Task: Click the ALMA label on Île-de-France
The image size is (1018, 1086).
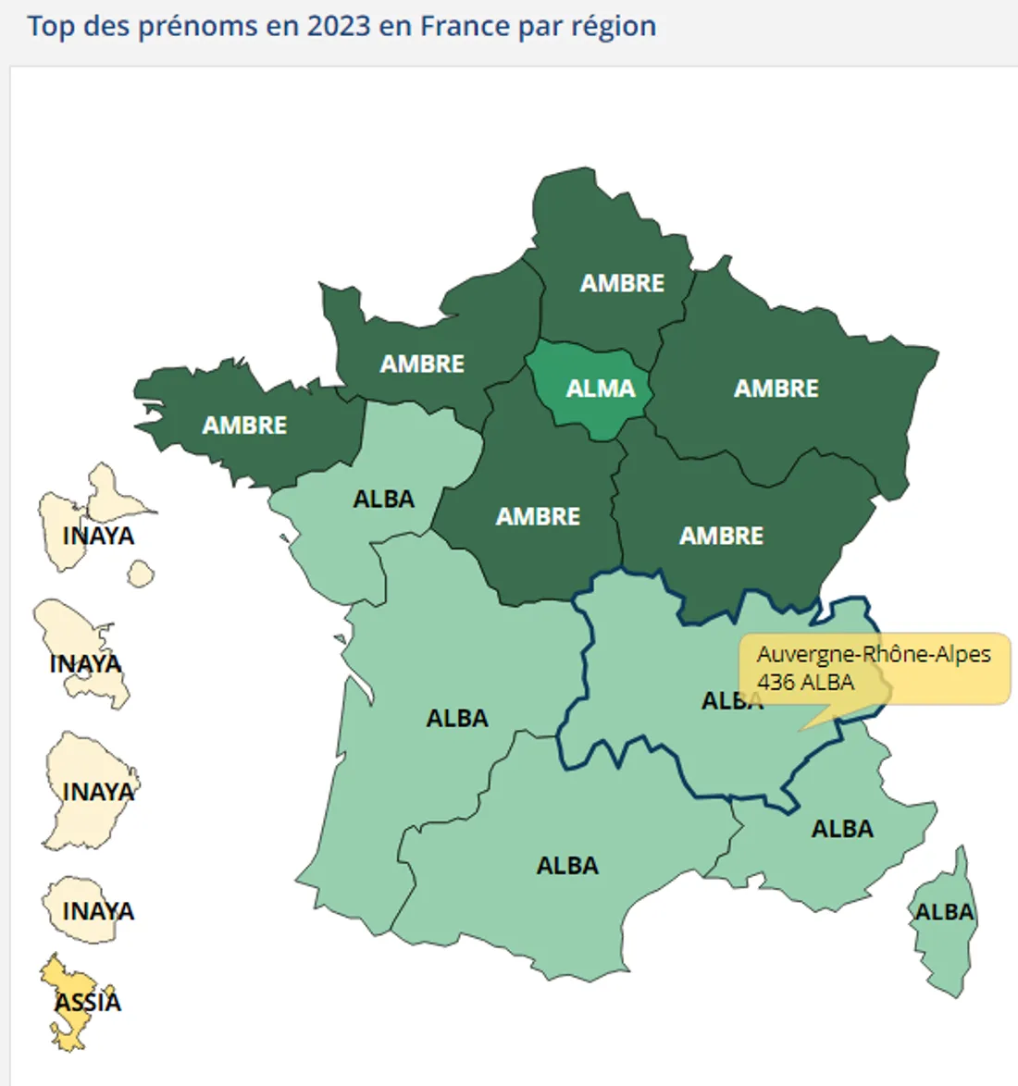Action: click(601, 389)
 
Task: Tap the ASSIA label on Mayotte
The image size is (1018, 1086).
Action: click(88, 1002)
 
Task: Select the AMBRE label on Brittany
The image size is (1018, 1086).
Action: click(244, 426)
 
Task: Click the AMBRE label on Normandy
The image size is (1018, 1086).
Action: click(422, 364)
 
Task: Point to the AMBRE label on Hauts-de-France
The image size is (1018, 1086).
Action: click(622, 283)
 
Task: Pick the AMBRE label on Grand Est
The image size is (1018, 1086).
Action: click(776, 389)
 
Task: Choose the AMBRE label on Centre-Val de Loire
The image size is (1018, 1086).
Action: click(538, 516)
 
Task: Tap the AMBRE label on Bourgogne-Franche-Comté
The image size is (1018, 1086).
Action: click(721, 536)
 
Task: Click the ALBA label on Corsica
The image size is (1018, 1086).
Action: click(944, 912)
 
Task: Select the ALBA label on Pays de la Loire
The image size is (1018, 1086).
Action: click(383, 500)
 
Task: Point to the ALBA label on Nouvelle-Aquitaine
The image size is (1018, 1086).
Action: click(456, 719)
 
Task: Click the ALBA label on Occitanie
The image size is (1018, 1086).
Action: click(567, 866)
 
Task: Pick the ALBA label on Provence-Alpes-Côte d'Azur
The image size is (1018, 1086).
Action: click(842, 829)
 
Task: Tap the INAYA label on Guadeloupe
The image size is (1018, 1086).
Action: click(98, 537)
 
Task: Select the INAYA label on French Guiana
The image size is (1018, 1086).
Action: click(98, 793)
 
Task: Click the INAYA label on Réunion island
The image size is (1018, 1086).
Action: click(98, 912)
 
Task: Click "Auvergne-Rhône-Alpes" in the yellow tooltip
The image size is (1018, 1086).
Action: click(873, 654)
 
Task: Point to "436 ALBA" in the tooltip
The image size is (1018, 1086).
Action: click(805, 683)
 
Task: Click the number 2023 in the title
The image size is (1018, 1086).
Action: click(339, 26)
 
